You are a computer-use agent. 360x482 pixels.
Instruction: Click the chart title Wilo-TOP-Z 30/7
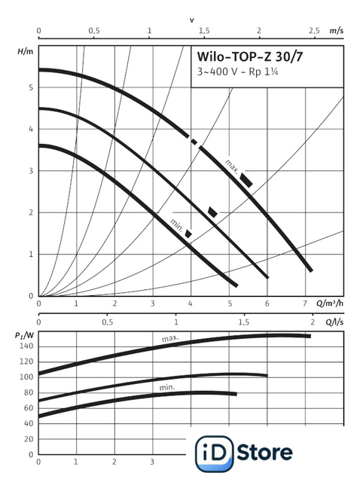[x=249, y=57]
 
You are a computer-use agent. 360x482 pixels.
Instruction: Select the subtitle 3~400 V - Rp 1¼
[x=238, y=72]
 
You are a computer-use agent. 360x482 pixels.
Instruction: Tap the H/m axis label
[x=25, y=51]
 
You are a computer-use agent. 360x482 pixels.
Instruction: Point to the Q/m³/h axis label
[x=330, y=304]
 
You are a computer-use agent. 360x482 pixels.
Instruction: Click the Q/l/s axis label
[x=334, y=322]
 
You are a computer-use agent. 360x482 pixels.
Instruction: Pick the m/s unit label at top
[x=337, y=31]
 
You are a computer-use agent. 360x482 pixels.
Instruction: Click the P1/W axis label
[x=24, y=334]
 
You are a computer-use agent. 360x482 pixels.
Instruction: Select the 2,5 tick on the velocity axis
[x=314, y=31]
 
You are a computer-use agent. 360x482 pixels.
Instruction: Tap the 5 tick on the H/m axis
[x=31, y=87]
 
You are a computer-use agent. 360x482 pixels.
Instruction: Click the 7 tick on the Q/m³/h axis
[x=305, y=304]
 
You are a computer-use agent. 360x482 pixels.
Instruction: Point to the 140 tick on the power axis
[x=26, y=346]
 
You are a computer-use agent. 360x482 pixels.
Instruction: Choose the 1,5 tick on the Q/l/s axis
[x=243, y=322]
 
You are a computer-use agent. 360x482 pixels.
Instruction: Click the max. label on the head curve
[x=232, y=166]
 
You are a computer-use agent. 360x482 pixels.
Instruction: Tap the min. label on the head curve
[x=177, y=226]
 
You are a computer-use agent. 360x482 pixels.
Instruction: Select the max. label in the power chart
[x=170, y=338]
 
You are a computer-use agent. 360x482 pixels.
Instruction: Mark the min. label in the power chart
[x=167, y=387]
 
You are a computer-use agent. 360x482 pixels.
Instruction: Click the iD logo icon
[x=215, y=453]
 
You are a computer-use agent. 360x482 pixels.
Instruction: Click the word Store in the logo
[x=264, y=453]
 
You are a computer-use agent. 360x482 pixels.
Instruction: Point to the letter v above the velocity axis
[x=192, y=20]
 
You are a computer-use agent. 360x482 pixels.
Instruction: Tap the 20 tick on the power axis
[x=29, y=439]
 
